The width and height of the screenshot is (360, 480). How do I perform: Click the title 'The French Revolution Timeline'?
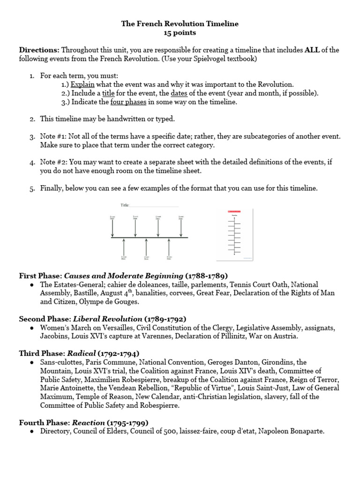(x=180, y=23)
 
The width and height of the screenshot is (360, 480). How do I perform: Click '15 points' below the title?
(x=180, y=33)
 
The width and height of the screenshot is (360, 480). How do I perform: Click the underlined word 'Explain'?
(x=82, y=84)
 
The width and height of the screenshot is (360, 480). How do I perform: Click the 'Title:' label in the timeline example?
(x=125, y=205)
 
